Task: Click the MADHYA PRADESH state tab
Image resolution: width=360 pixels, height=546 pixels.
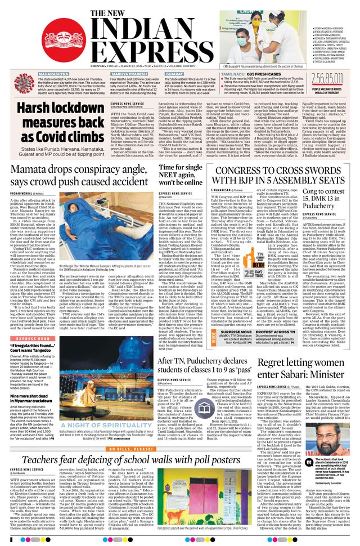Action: [129, 74]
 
